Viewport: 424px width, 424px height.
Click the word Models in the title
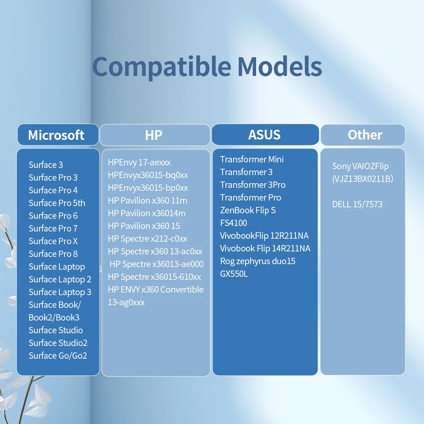(279, 66)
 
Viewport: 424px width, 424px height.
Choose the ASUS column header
(265, 135)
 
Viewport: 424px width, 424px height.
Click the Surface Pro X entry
(53, 241)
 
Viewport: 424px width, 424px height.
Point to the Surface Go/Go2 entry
(58, 356)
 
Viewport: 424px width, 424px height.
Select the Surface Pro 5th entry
(57, 203)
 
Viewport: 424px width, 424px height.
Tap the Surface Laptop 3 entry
(60, 292)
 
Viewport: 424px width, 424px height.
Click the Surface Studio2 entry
(58, 343)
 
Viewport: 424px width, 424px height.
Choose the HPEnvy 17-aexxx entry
(139, 162)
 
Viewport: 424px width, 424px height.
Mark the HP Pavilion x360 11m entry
(148, 201)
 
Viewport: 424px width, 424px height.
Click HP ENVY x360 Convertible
(156, 289)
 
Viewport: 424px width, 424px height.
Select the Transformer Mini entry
(252, 159)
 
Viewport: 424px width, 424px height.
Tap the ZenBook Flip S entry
(248, 210)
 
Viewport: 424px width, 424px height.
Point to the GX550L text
(234, 274)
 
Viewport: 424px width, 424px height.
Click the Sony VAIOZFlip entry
(360, 166)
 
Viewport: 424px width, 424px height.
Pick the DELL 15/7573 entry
(357, 204)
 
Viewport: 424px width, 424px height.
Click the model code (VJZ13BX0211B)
(363, 179)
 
